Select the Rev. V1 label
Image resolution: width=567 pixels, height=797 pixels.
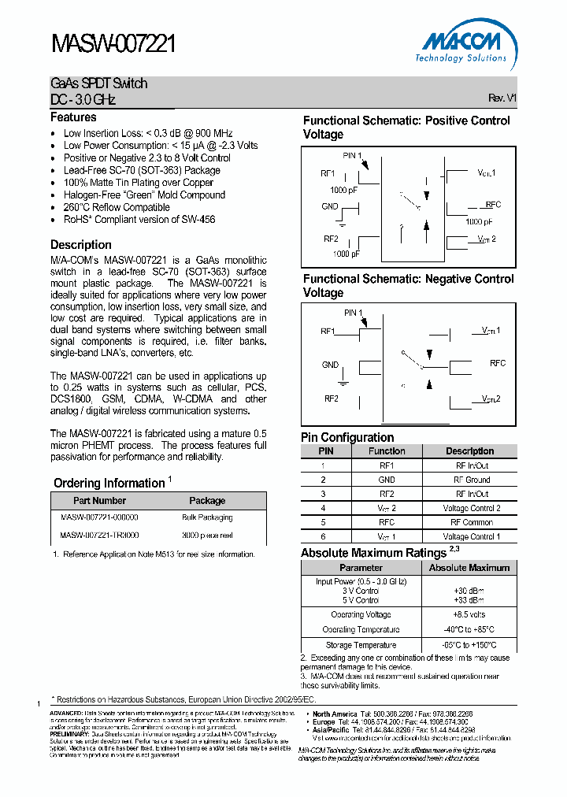pyautogui.click(x=502, y=98)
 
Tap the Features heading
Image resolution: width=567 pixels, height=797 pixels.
pyautogui.click(x=73, y=117)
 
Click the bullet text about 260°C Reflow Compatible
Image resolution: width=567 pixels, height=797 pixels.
pyautogui.click(x=117, y=207)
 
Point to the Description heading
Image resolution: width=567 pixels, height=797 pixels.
pyautogui.click(x=81, y=245)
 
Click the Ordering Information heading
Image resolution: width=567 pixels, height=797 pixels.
pyautogui.click(x=109, y=483)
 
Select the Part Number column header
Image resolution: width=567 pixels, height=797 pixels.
pyautogui.click(x=99, y=501)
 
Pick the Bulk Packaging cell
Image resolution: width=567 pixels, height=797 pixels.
pyautogui.click(x=207, y=517)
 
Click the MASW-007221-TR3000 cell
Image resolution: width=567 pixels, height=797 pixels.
pyautogui.click(x=99, y=536)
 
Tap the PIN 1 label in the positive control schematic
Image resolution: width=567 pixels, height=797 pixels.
pyautogui.click(x=354, y=155)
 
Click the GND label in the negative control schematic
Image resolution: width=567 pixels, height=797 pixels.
pyautogui.click(x=330, y=365)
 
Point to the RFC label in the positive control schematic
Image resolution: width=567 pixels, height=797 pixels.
pyautogui.click(x=494, y=205)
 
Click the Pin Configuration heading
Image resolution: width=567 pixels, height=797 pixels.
pyautogui.click(x=347, y=438)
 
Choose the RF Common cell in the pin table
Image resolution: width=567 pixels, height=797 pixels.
pyautogui.click(x=471, y=522)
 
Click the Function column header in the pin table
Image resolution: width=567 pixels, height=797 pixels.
pyautogui.click(x=387, y=451)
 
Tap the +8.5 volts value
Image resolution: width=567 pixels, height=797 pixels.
pyautogui.click(x=469, y=615)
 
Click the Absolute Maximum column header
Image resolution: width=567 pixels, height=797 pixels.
pyautogui.click(x=469, y=568)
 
